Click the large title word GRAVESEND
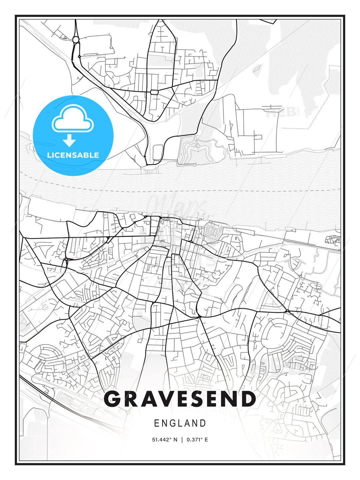pos(180,399)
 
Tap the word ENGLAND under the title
pos(180,423)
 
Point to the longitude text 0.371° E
pos(197,440)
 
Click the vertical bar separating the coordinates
pos(182,440)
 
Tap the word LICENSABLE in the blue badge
pos(73,155)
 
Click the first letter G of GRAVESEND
pos(112,399)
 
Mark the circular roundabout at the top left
pos(76,40)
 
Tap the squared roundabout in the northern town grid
pos(154,92)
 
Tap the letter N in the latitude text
pos(175,440)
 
